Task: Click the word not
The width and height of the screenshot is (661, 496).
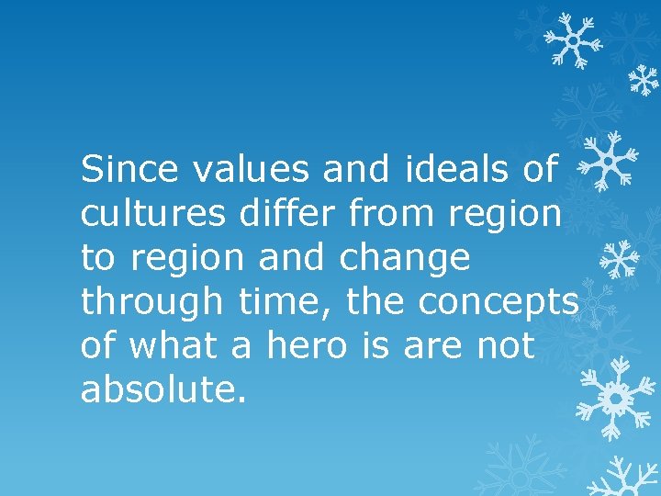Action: (506, 346)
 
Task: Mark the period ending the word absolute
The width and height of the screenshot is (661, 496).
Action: (242, 400)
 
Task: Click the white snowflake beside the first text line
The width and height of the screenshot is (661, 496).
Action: (611, 158)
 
